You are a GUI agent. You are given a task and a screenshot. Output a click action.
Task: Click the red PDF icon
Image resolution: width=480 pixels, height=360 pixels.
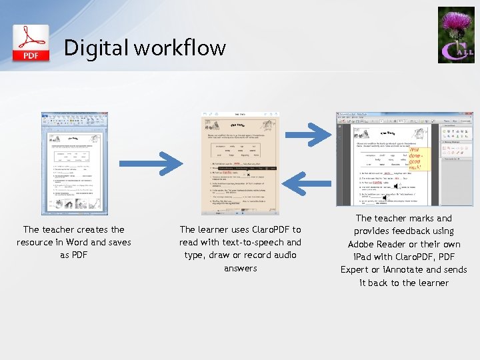(31, 43)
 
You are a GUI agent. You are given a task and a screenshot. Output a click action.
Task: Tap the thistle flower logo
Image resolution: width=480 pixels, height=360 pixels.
(456, 35)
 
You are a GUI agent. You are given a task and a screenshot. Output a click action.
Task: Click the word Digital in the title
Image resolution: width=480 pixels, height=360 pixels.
(96, 48)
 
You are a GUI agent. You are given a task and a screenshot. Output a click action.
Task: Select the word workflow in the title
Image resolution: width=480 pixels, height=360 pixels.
(179, 48)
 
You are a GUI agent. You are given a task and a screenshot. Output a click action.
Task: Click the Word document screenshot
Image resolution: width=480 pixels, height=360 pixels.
(74, 163)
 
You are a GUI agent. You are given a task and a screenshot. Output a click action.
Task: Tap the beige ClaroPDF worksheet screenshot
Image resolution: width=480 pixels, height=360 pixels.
(241, 163)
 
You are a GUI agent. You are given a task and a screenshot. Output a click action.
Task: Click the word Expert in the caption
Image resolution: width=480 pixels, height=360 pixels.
(355, 270)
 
